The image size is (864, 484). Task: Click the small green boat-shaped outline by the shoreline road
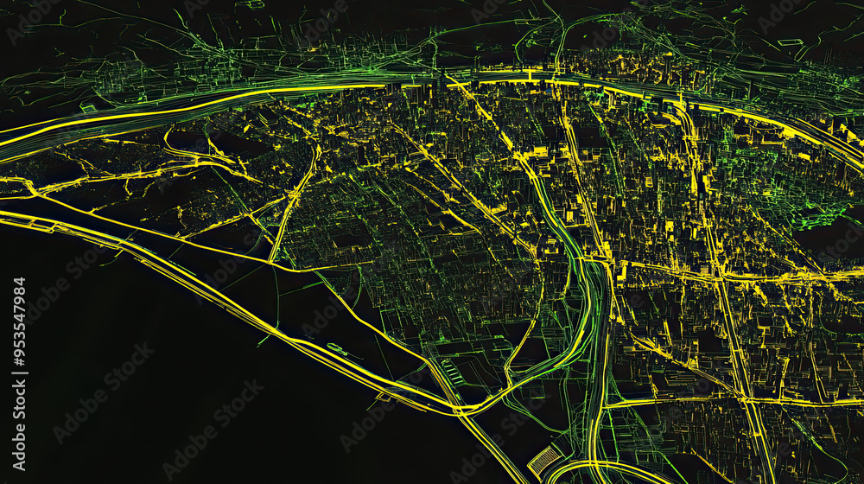338,349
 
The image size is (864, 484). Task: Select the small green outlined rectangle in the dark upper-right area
790,41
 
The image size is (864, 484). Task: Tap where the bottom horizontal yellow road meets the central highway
604,404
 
